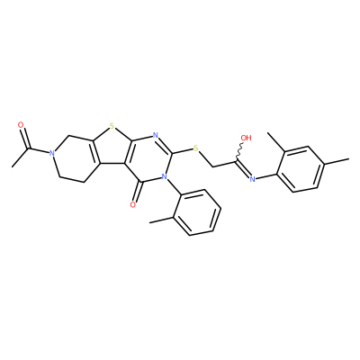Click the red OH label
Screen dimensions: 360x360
[x=246, y=138]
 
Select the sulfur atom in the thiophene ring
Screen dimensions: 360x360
[x=112, y=126]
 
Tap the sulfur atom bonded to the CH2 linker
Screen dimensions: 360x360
[x=196, y=148]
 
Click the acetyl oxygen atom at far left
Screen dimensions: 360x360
[x=21, y=125]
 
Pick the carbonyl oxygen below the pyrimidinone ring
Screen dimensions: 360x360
[x=133, y=204]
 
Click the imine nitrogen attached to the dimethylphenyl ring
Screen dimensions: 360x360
[x=253, y=179]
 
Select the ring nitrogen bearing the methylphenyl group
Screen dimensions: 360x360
[x=164, y=176]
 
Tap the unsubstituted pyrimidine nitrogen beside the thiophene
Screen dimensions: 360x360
[x=155, y=135]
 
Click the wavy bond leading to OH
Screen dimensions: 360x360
[x=239, y=151]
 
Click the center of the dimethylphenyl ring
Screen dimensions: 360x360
[x=301, y=169]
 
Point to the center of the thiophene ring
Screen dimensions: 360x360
[x=111, y=148]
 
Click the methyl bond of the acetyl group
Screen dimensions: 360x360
[x=21, y=157]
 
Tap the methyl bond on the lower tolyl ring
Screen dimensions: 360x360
[x=162, y=220]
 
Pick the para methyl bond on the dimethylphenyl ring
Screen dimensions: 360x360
[x=337, y=161]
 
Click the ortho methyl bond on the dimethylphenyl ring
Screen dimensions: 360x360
[x=275, y=142]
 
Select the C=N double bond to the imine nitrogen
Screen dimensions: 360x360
[x=244, y=169]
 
